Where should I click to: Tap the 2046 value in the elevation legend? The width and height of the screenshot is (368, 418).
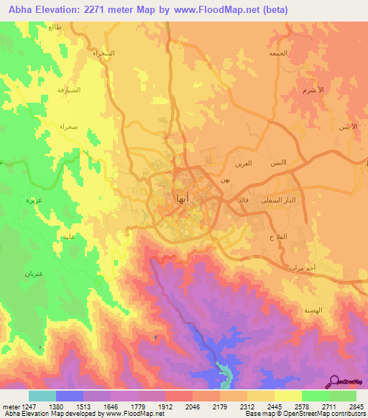coord(193,406)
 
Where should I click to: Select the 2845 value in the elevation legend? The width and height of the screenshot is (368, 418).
coord(356,406)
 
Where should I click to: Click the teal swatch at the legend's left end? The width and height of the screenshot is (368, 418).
coord(42,396)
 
